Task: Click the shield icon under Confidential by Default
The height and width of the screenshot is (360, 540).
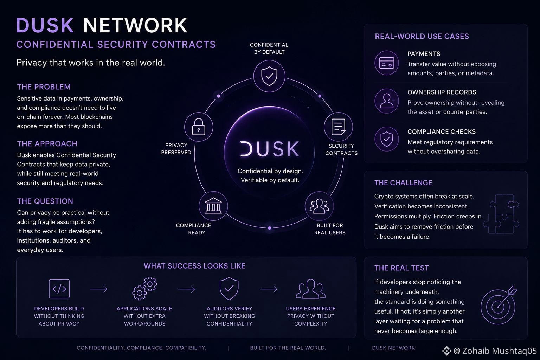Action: click(x=269, y=76)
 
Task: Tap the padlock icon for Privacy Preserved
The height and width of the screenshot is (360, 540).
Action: click(x=199, y=127)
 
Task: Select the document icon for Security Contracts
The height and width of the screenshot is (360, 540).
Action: click(x=339, y=127)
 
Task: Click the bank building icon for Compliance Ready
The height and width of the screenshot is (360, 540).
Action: click(x=213, y=206)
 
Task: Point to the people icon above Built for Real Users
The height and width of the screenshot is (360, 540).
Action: click(x=319, y=206)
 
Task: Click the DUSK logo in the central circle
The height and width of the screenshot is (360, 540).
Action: click(x=270, y=149)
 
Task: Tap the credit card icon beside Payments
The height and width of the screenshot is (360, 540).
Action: click(x=387, y=63)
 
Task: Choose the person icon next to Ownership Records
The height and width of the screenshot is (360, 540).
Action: click(x=387, y=101)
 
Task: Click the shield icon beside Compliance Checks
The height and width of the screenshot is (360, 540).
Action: click(x=387, y=139)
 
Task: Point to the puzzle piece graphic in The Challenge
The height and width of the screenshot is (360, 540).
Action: click(x=501, y=214)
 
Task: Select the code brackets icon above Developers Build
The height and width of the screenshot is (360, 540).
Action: click(x=59, y=289)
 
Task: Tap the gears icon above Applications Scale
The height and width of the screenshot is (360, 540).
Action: click(x=144, y=288)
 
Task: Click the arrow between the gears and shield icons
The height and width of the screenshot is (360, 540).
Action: click(x=186, y=289)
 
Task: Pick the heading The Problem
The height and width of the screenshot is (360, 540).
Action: click(x=44, y=87)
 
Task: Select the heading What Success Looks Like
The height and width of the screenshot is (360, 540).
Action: click(x=194, y=266)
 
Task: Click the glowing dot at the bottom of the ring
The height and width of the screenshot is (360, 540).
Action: click(x=270, y=228)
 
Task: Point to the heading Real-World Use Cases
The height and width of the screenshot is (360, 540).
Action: click(x=422, y=37)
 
